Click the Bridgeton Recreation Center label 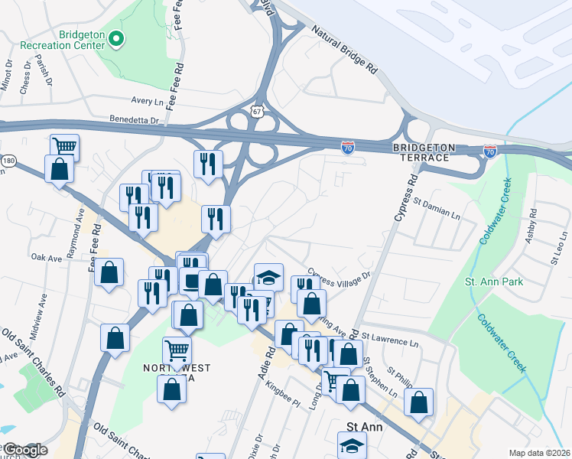[80, 40]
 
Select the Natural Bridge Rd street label [344, 50]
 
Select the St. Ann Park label [494, 282]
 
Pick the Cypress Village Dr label [340, 273]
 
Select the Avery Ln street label [148, 100]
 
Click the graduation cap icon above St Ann [352, 443]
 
